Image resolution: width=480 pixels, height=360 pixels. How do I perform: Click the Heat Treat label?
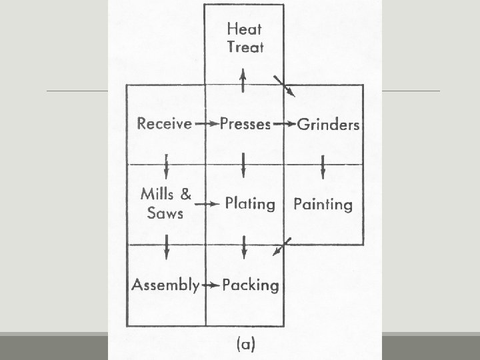click(245, 37)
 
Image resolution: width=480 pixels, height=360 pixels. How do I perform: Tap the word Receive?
click(165, 124)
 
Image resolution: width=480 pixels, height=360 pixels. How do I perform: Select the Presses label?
click(245, 124)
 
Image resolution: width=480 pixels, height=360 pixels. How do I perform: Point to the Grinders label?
click(328, 124)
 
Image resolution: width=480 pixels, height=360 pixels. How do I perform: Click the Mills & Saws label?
click(166, 204)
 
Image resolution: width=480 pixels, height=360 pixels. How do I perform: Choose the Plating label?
click(249, 203)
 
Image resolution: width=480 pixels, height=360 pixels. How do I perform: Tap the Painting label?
click(323, 204)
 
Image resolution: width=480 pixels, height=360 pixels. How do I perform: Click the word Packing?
click(250, 285)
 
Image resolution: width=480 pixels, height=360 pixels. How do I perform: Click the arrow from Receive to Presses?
click(210, 124)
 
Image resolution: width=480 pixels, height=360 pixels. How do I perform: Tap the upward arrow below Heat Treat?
click(245, 81)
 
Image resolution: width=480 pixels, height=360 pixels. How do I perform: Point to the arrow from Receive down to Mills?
click(166, 164)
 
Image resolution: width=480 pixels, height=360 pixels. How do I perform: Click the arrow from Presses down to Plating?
click(245, 163)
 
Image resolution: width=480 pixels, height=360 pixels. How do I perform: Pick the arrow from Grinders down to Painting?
click(323, 167)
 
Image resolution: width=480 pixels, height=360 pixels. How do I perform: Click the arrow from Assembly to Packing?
click(211, 285)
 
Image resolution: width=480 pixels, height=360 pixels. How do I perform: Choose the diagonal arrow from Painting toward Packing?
click(282, 246)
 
